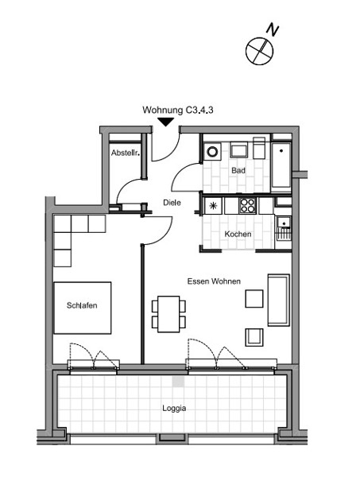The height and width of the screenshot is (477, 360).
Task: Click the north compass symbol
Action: (x=259, y=51)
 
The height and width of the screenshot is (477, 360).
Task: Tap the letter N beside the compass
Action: (x=273, y=30)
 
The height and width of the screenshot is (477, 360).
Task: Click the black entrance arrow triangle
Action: (x=166, y=122)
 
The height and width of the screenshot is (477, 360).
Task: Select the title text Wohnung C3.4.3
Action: (x=178, y=110)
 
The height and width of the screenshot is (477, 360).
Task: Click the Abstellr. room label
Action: (x=126, y=153)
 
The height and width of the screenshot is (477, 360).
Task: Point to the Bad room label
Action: (x=238, y=170)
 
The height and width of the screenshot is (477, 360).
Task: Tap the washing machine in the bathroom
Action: (x=212, y=151)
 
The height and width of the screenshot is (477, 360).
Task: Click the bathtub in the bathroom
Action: (x=281, y=166)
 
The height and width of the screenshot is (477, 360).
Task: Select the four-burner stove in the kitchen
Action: (x=247, y=206)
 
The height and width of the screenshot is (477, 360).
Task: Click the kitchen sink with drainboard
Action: (x=284, y=227)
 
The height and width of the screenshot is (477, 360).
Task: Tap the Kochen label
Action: (x=238, y=235)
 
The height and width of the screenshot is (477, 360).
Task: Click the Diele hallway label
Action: (x=172, y=203)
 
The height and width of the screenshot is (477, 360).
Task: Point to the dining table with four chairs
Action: (x=168, y=314)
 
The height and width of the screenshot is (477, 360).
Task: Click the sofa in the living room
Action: (x=278, y=300)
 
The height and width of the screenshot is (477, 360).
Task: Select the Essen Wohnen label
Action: (x=214, y=281)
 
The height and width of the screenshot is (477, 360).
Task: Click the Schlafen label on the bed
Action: (x=82, y=305)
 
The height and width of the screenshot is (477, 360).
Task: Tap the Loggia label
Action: (x=174, y=409)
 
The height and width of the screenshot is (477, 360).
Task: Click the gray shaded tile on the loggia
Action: (x=179, y=382)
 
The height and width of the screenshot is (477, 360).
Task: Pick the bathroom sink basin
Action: (x=238, y=150)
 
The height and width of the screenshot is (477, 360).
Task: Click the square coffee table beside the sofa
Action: (x=254, y=299)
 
